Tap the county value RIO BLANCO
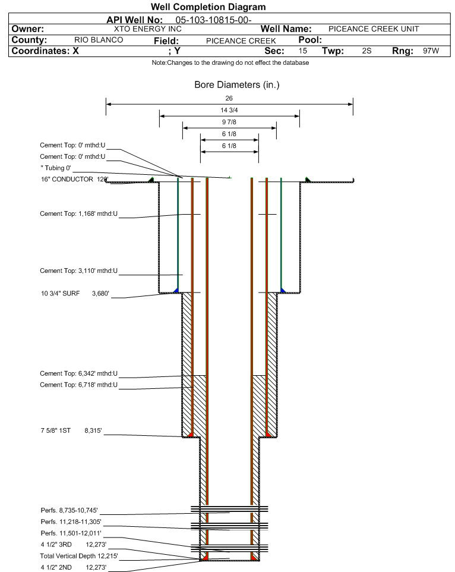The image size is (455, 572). pyautogui.click(x=99, y=40)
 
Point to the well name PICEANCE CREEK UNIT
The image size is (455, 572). pyautogui.click(x=374, y=29)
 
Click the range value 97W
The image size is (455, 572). pyautogui.click(x=431, y=51)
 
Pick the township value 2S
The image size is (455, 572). pyautogui.click(x=366, y=51)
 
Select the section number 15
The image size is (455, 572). pyautogui.click(x=303, y=51)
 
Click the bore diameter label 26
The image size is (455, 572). pyautogui.click(x=229, y=98)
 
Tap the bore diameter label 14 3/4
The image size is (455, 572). pyautogui.click(x=229, y=110)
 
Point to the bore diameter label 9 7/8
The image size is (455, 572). pyautogui.click(x=229, y=122)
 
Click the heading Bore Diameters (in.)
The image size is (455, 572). pyautogui.click(x=236, y=85)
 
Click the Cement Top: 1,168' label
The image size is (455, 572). pyautogui.click(x=78, y=214)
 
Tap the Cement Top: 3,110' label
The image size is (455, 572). pyautogui.click(x=78, y=271)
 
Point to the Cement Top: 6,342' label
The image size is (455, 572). pyautogui.click(x=78, y=373)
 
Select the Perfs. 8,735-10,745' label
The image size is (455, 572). pyautogui.click(x=69, y=510)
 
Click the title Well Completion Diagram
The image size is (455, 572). pyautogui.click(x=208, y=7)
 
